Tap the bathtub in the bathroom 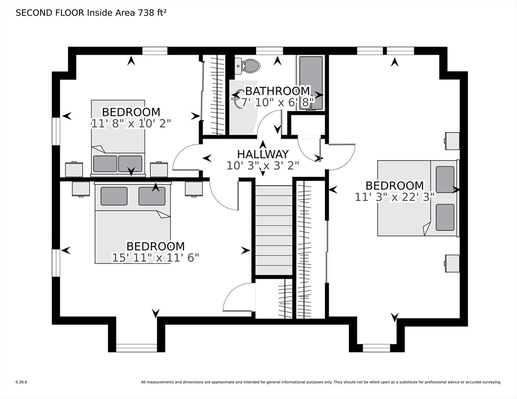[311, 83]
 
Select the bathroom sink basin [237, 99]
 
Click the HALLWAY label [263, 154]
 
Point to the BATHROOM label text [278, 90]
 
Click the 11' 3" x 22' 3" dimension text [395, 197]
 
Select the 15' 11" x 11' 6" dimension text [156, 257]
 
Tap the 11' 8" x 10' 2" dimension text [131, 123]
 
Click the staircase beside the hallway [274, 230]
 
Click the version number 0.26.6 [21, 382]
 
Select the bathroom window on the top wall [269, 51]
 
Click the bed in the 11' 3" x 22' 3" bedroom [418, 198]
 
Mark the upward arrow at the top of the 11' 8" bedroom [132, 61]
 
